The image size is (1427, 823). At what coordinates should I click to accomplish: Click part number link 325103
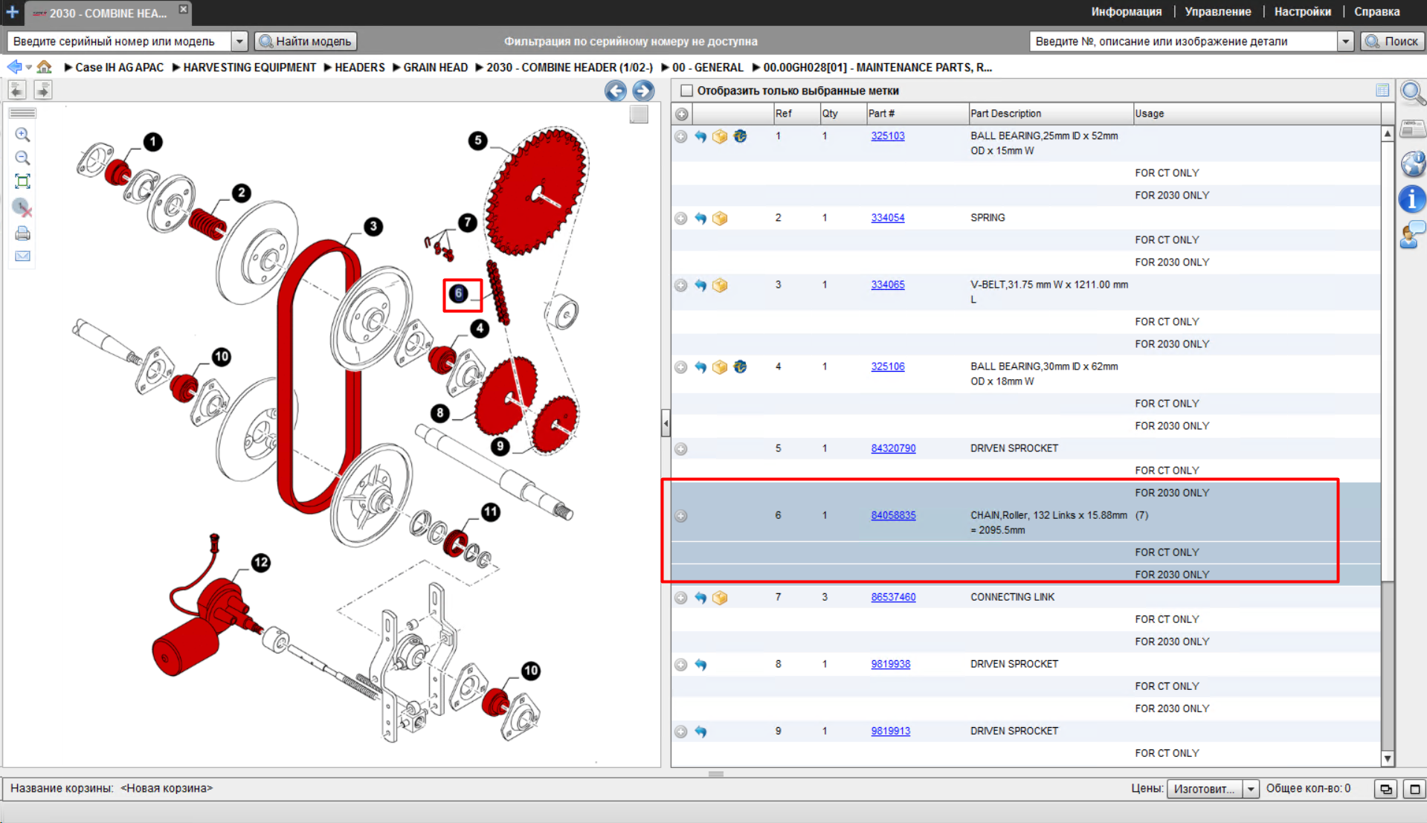tap(887, 136)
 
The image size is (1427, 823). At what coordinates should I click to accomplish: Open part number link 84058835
tap(893, 515)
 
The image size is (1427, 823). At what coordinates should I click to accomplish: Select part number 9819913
tap(890, 731)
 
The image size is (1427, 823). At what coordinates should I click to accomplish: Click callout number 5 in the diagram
tap(477, 141)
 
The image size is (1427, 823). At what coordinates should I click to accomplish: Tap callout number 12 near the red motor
tap(260, 563)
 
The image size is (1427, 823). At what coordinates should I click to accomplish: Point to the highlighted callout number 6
tap(459, 294)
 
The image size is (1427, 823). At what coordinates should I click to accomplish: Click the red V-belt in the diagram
tap(286, 372)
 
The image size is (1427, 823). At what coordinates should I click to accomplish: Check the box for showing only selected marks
tap(686, 91)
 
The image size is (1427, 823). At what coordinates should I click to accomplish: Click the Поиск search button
tap(1392, 42)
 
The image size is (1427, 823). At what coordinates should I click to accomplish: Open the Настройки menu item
tap(1302, 12)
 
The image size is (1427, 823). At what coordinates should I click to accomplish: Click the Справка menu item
tap(1376, 12)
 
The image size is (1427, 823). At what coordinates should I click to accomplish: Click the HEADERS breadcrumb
tap(359, 68)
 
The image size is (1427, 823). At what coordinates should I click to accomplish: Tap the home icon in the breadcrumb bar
tap(45, 67)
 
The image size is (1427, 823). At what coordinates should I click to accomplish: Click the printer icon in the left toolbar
tap(23, 233)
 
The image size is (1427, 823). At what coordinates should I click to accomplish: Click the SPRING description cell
tap(988, 218)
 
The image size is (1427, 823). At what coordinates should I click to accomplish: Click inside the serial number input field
tap(119, 42)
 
